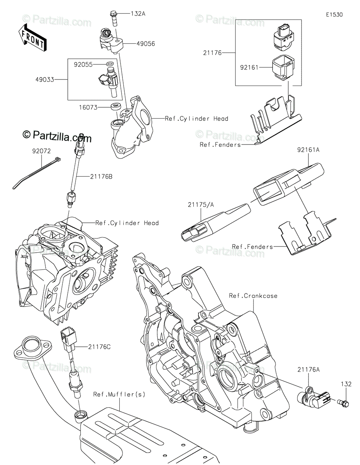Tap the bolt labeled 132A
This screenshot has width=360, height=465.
point(114,19)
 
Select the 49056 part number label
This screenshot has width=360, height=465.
point(146,44)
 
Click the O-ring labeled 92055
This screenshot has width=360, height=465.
point(110,64)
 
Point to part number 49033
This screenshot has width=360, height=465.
point(45,79)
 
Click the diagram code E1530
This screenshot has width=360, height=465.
point(334,15)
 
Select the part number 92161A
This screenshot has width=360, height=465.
point(308,150)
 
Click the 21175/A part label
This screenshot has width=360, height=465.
point(201,205)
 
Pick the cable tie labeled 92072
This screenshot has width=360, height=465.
point(36,173)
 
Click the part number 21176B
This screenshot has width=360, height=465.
point(101,177)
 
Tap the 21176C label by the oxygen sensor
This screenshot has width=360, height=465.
point(99,347)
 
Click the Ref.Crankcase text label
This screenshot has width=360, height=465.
point(253,296)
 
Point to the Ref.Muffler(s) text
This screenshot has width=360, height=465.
point(119,394)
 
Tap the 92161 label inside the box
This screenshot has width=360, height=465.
point(250,68)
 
